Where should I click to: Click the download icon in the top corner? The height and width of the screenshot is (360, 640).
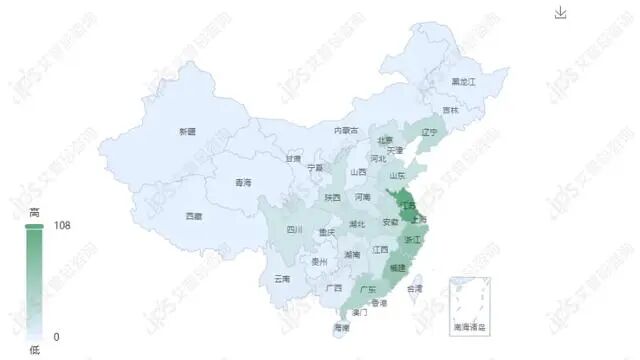(561, 12)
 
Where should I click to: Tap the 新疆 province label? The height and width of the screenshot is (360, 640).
(187, 132)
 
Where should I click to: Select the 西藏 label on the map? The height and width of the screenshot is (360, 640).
(193, 216)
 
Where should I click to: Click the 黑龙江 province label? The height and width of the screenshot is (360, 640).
(463, 80)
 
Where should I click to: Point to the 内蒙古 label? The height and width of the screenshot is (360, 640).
(346, 130)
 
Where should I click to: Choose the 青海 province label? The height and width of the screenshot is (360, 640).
(243, 183)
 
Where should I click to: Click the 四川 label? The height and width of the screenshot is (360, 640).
(294, 230)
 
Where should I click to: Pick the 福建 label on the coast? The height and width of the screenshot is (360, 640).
(398, 268)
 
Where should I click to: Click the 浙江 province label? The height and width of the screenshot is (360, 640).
(413, 241)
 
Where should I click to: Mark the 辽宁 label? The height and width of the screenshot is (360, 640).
(430, 132)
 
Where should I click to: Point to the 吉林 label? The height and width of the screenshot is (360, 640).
(450, 110)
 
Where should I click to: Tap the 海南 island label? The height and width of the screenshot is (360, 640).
(341, 327)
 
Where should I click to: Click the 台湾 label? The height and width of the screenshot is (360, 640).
(413, 288)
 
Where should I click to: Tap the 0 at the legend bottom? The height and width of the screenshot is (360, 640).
(56, 336)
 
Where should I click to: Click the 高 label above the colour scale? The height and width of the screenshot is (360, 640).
(34, 213)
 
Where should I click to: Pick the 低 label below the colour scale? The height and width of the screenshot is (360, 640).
(34, 349)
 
